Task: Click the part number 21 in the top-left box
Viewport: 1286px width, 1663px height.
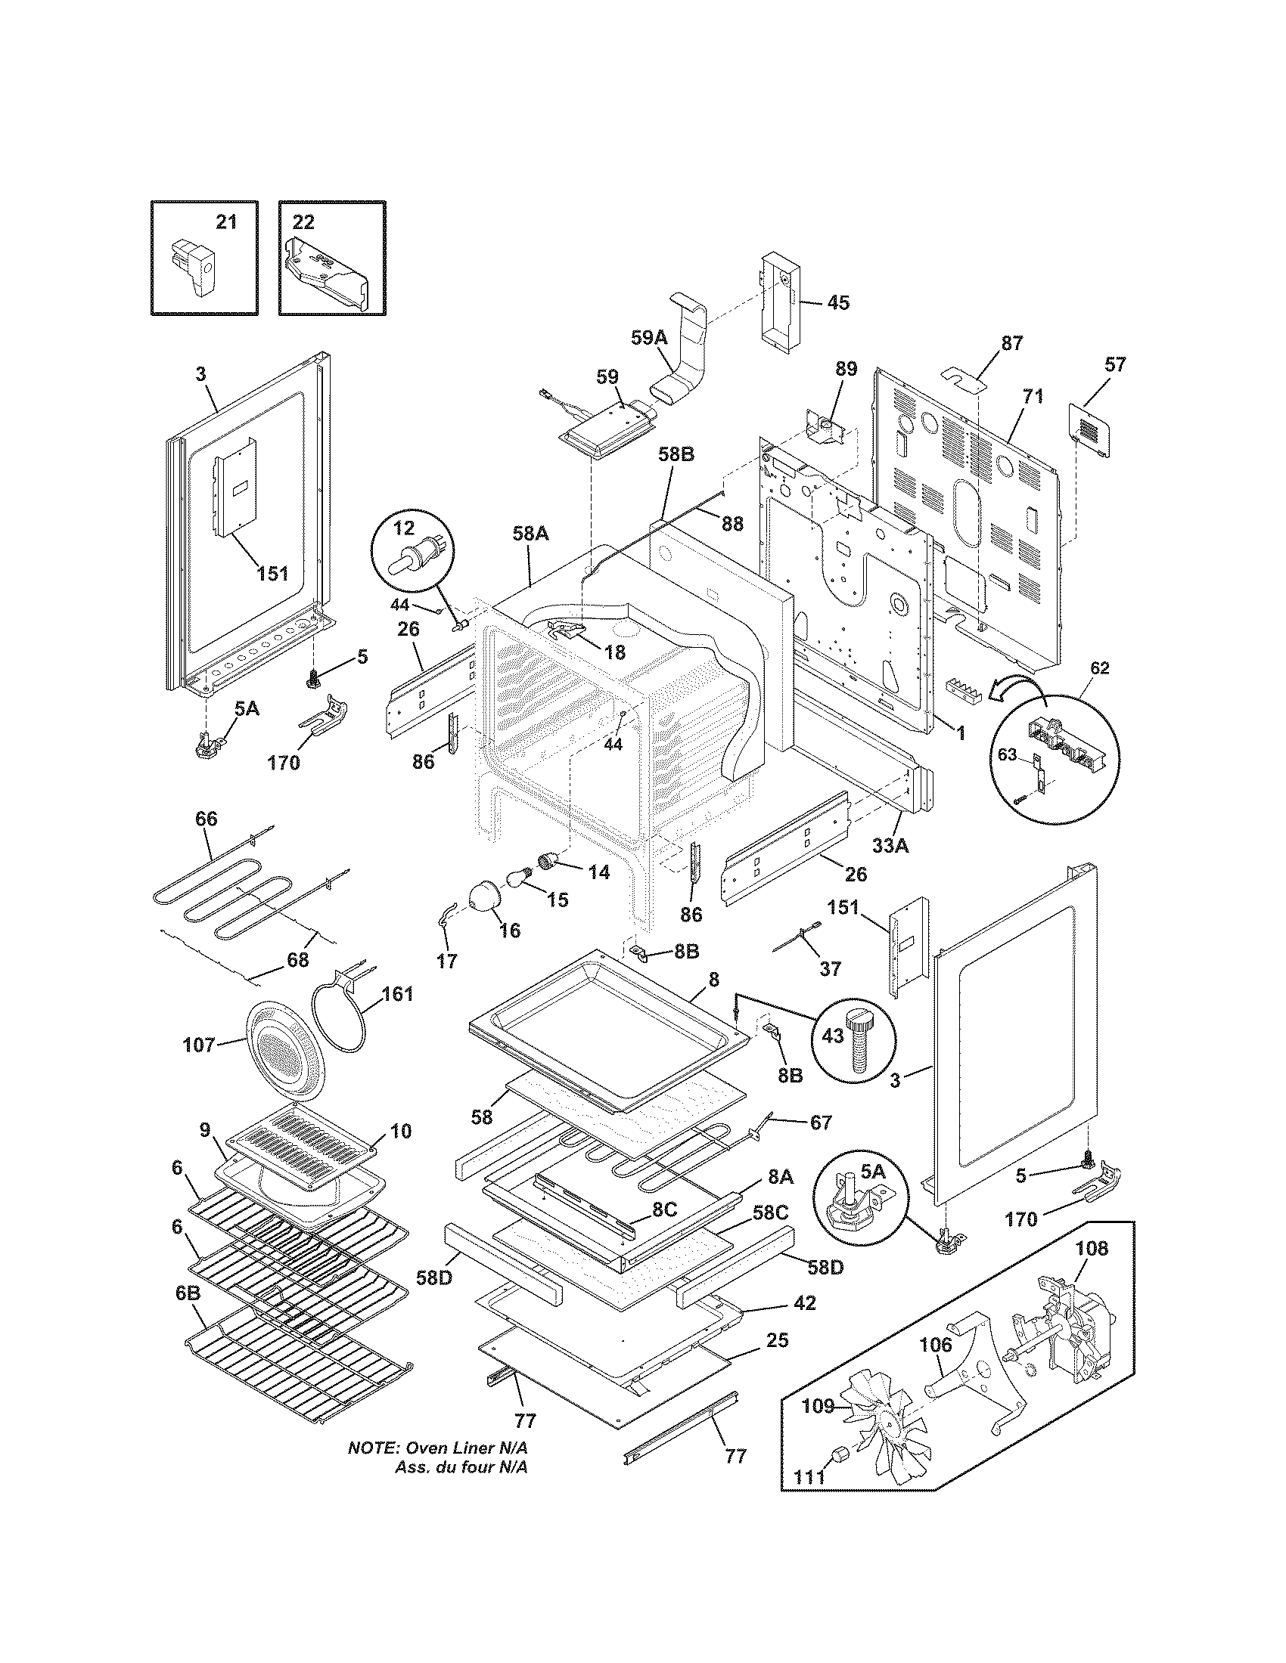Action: (x=226, y=222)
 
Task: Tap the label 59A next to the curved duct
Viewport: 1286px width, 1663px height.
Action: (x=648, y=337)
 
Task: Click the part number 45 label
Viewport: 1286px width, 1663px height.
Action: (x=837, y=302)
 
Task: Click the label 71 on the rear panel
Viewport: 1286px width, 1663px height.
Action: (x=1033, y=396)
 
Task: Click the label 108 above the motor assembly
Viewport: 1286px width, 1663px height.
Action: (x=1091, y=1248)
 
